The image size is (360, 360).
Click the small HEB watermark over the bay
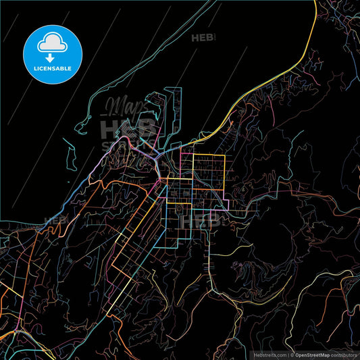tap(203, 38)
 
